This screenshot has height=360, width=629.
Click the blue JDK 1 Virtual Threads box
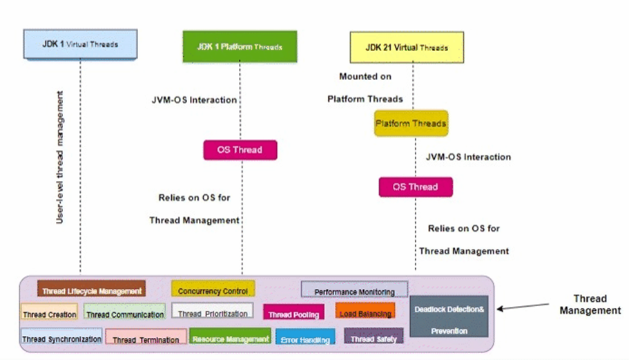click(x=80, y=44)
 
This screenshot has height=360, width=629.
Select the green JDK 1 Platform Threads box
click(x=240, y=46)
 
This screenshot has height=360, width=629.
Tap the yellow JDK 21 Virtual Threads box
click(x=406, y=47)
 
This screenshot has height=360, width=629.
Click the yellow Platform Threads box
click(x=411, y=124)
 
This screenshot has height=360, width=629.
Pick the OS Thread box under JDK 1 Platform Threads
click(x=240, y=150)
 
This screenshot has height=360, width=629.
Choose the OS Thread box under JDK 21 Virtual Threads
click(x=415, y=187)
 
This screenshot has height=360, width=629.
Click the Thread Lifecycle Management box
click(x=91, y=290)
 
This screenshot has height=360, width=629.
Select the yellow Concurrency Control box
click(x=213, y=290)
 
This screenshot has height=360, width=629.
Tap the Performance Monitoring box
click(x=354, y=290)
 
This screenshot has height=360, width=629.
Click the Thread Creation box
click(x=49, y=313)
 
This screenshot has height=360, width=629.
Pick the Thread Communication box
click(x=125, y=313)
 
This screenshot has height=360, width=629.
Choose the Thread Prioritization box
click(x=213, y=312)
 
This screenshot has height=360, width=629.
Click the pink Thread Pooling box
click(x=293, y=313)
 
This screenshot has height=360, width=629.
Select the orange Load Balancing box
click(x=365, y=312)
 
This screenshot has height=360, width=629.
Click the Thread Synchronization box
click(x=61, y=337)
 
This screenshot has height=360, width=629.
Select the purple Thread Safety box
click(x=373, y=338)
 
